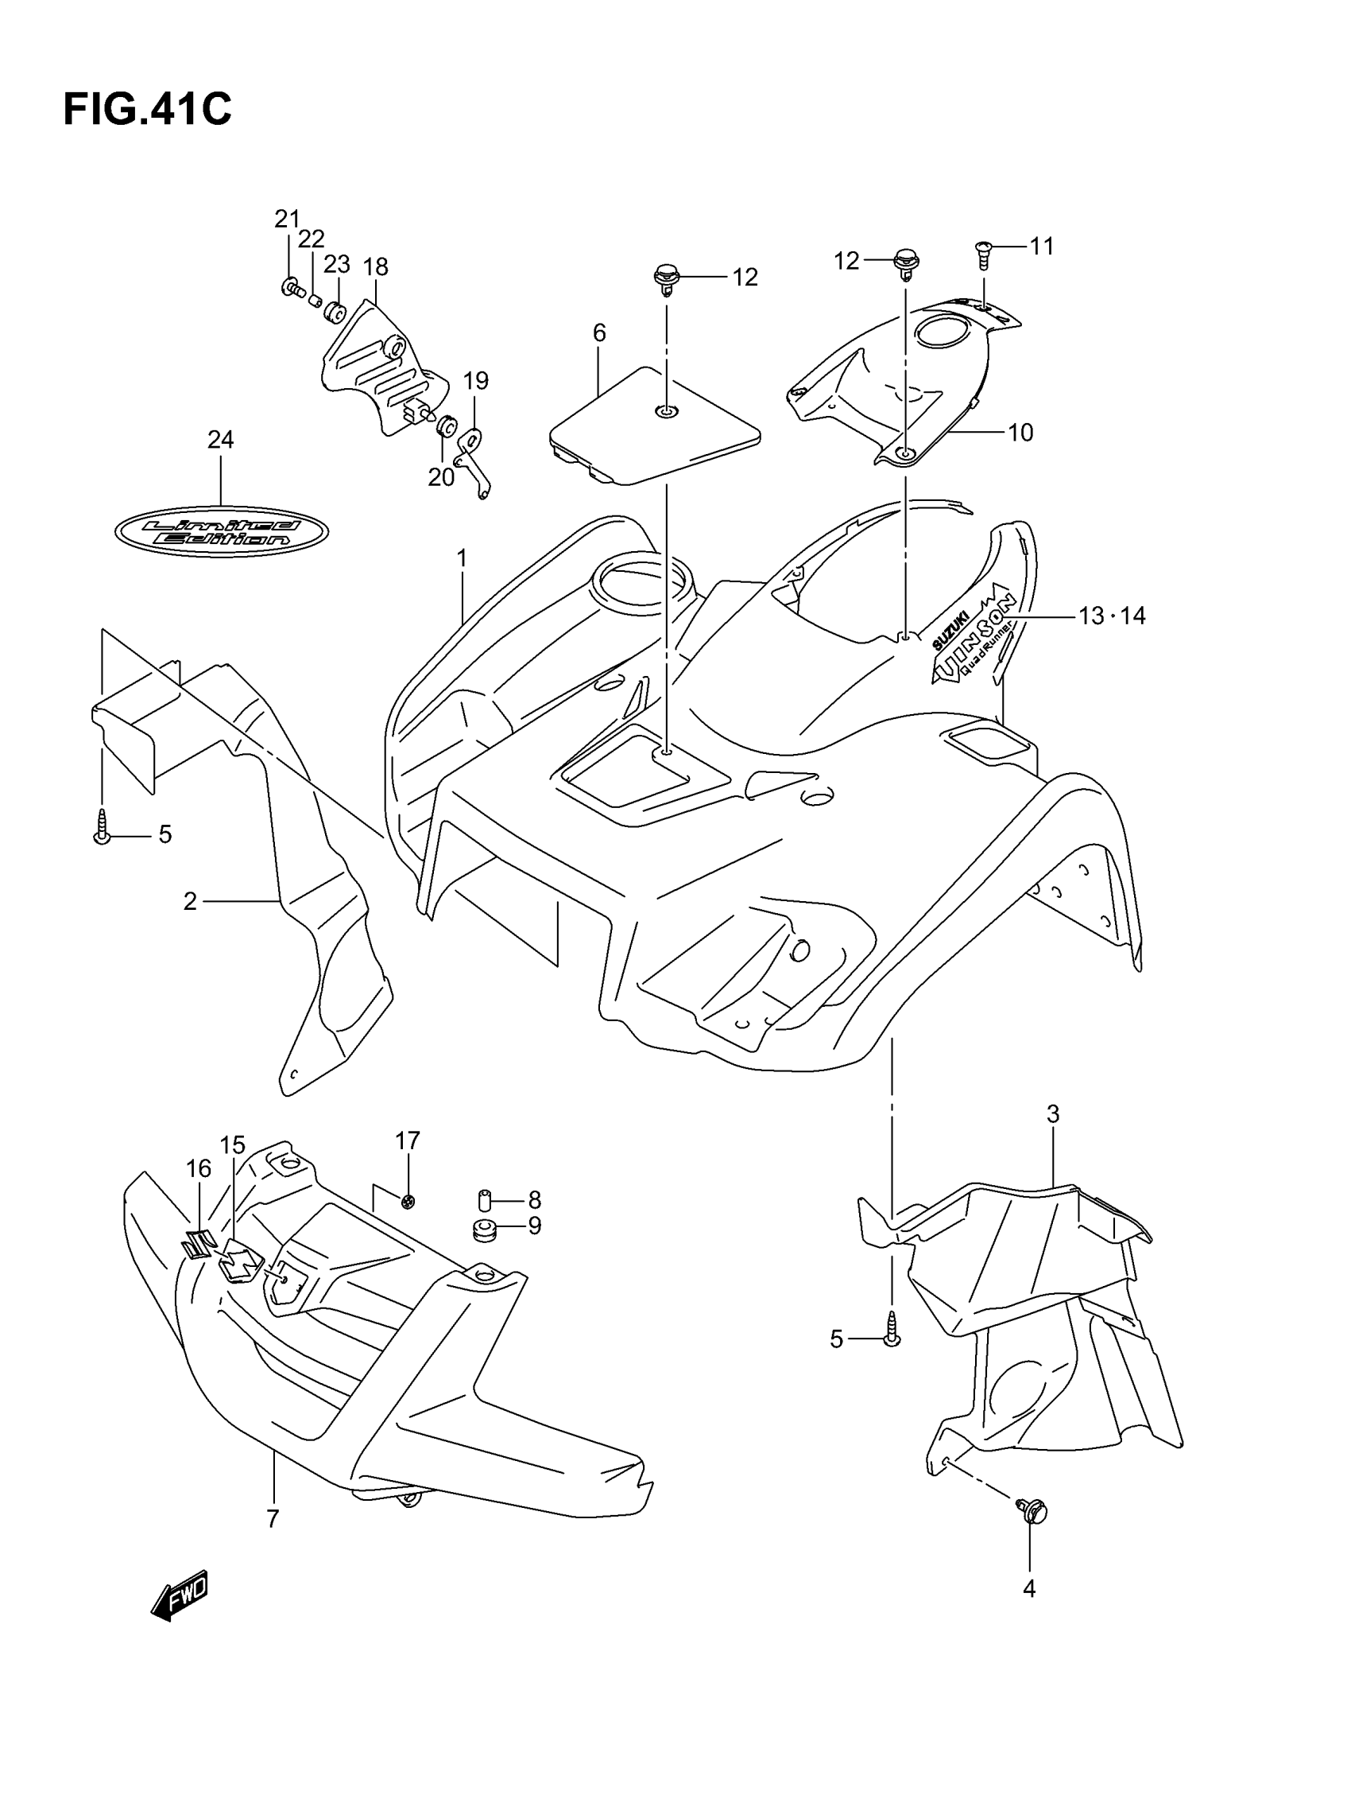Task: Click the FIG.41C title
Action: [x=147, y=109]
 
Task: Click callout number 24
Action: [x=220, y=440]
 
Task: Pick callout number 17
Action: [x=407, y=1141]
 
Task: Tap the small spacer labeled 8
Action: [x=485, y=1199]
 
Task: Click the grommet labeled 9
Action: [x=486, y=1230]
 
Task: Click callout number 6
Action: [x=599, y=332]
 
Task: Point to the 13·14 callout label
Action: [x=1112, y=616]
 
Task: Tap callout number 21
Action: [x=286, y=219]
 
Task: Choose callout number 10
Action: [x=1020, y=433]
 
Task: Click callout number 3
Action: [x=1053, y=1114]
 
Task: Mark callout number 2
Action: [x=190, y=901]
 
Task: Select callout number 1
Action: [x=462, y=559]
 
